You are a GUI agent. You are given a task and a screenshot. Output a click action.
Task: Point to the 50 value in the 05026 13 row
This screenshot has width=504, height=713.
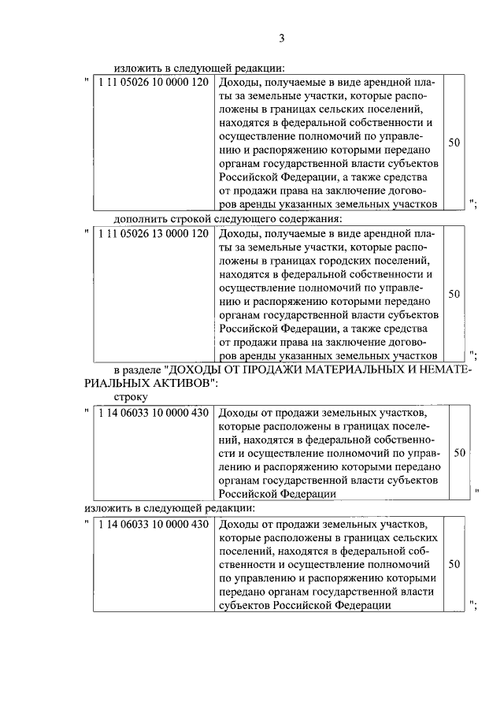click(454, 294)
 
